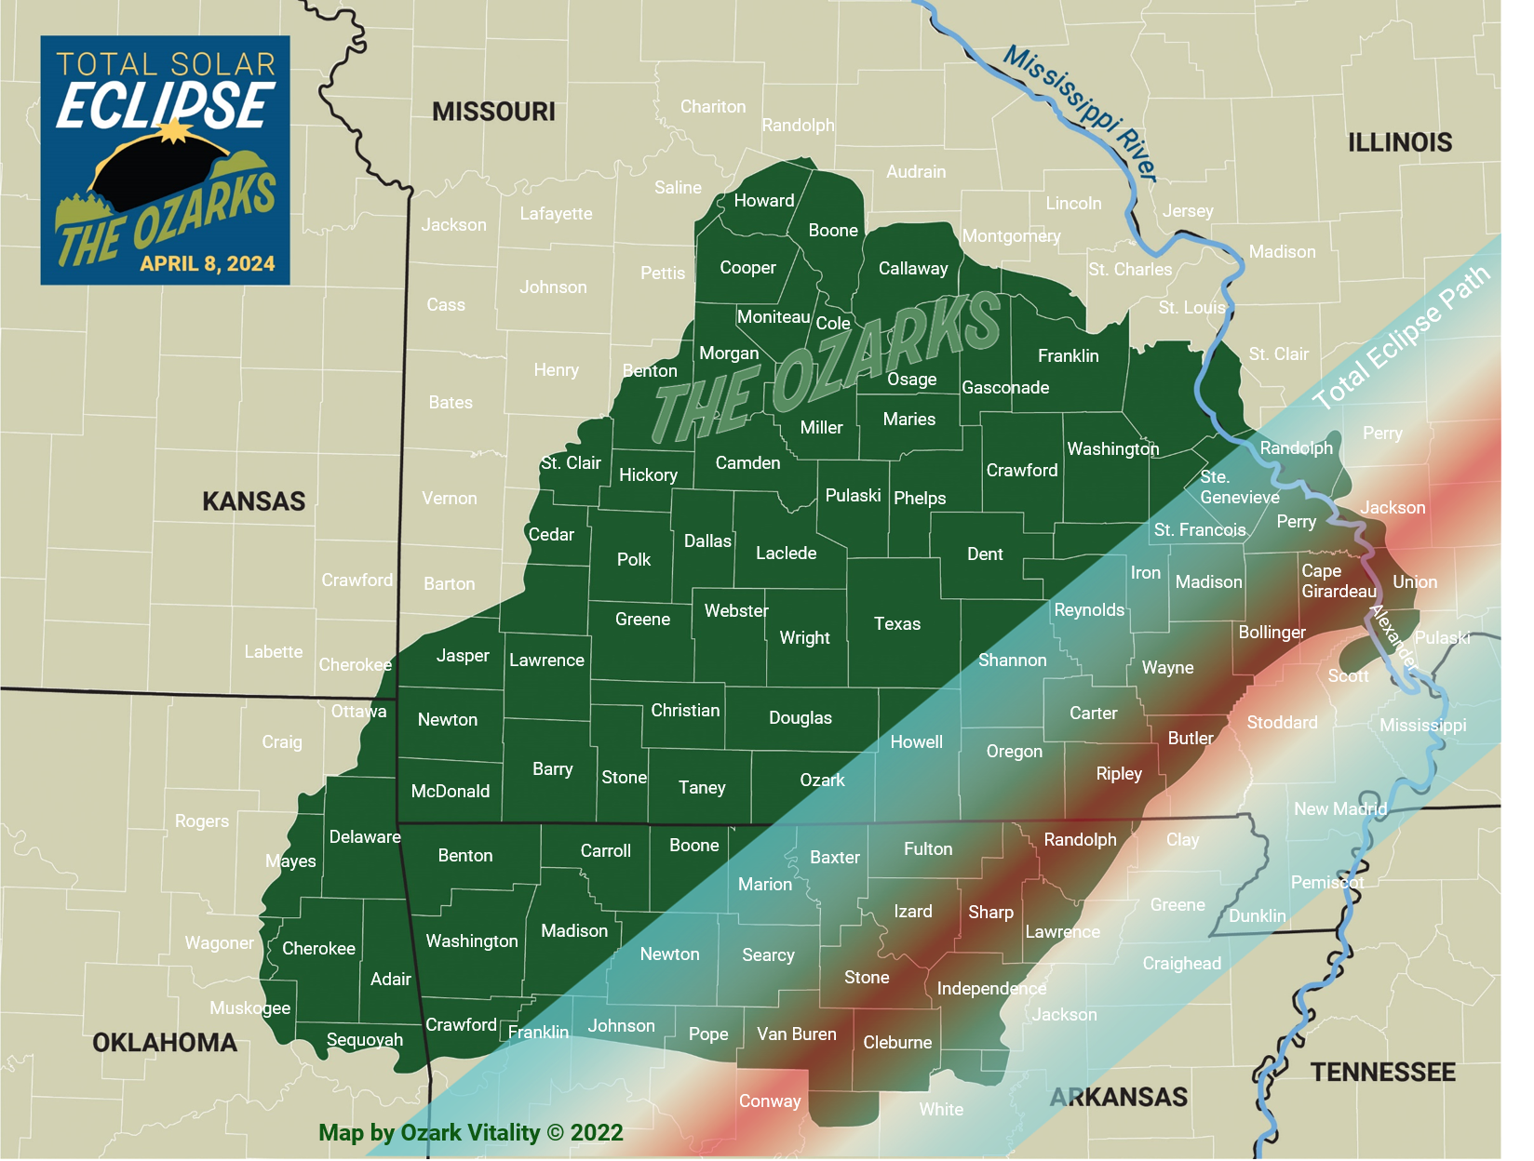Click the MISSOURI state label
493,112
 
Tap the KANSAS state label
253,501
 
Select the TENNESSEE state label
1382,1072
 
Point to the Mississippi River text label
1080,112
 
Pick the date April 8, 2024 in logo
208,263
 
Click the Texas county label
897,623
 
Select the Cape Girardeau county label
1338,580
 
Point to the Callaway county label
913,268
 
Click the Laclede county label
786,553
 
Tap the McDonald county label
451,791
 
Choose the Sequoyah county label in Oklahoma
365,1039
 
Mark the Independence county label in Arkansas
991,988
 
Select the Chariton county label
713,106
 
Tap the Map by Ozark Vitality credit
470,1132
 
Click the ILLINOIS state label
1400,142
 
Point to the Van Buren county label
796,1034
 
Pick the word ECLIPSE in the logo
166,105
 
